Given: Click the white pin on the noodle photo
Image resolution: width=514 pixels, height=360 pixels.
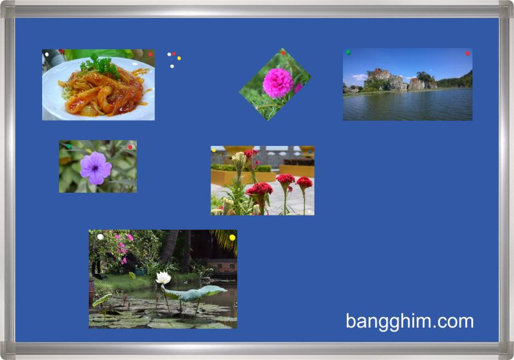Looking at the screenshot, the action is coord(47,54).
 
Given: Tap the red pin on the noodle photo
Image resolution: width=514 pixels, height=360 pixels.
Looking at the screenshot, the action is coord(150,54).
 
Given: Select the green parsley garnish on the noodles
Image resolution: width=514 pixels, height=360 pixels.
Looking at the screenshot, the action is coord(100,66).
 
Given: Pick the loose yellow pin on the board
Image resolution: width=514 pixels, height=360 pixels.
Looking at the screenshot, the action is coord(179,58).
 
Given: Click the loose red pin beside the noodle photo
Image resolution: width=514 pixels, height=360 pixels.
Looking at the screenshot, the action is coord(174,54).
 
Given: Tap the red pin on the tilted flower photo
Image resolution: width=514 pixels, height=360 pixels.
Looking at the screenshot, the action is coord(283,53).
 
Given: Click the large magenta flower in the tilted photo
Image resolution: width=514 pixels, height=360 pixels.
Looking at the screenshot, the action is coord(278,83).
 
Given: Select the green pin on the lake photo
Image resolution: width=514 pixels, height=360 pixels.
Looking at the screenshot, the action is coord(348,53).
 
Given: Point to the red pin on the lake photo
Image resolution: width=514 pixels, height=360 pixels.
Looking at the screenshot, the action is coord(467,53).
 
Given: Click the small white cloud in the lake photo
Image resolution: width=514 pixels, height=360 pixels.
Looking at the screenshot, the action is coord(360,77).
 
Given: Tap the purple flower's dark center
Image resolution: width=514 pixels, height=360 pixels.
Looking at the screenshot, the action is coord(95,169).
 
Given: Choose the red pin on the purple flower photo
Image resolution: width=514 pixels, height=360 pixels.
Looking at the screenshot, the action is coord(130,147).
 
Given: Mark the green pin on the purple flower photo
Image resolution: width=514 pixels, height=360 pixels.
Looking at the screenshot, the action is coord(69,147).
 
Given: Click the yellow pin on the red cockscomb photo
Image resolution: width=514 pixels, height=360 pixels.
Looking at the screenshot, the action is coord(214,150).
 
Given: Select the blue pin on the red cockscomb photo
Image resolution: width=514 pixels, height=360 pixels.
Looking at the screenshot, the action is coord(310,152).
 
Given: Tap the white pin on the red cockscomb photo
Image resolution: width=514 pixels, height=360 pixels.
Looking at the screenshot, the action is coord(309,211).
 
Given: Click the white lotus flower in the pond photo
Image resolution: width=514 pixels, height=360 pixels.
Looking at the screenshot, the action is coord(163,278).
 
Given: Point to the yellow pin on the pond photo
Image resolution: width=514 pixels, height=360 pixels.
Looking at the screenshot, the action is coord(233,237).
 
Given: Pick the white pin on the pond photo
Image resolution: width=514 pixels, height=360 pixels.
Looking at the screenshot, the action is coord(100,237).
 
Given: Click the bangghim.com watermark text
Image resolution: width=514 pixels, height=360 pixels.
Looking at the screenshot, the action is coord(410,322).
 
